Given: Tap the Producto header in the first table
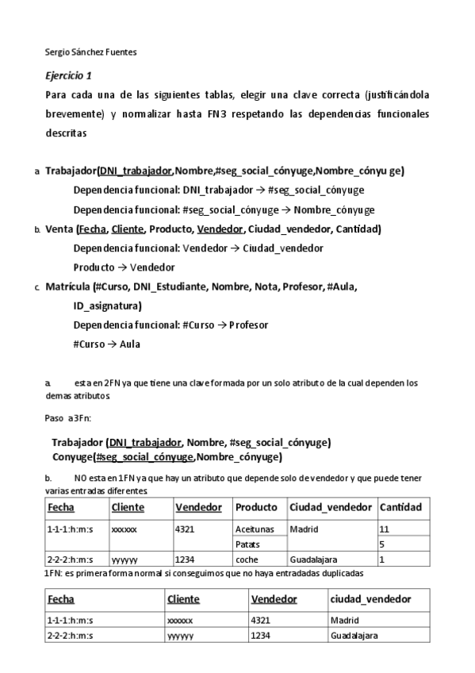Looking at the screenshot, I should [256, 507].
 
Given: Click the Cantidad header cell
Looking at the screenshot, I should [400, 507].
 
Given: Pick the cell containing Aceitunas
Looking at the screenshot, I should [255, 529].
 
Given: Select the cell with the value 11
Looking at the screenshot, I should [385, 529].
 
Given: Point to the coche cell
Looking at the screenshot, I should [247, 559].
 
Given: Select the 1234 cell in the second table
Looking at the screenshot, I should [262, 636].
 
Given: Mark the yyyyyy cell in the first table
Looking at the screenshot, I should [124, 559].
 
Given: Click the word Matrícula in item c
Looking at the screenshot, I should [67, 287].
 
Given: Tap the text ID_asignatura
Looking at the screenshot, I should [108, 306].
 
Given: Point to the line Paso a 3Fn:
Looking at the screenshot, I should [71, 418].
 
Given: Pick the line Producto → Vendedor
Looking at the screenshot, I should [124, 267].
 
